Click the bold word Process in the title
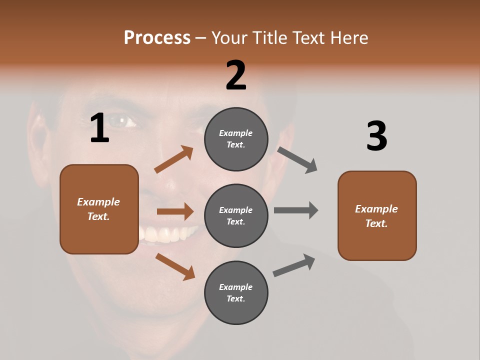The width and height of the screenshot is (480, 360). (157, 37)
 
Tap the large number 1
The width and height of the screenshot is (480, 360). (99, 128)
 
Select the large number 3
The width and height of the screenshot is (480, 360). (376, 136)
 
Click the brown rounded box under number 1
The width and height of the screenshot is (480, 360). (99, 209)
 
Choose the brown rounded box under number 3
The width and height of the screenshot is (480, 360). (377, 215)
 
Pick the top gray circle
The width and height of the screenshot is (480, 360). (236, 139)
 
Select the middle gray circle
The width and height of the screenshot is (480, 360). (236, 215)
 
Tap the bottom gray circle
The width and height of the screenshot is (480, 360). (236, 292)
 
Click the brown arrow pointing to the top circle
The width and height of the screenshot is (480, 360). (174, 159)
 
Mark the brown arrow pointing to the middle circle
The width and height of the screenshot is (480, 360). (175, 211)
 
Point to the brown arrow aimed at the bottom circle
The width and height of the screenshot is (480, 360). (175, 266)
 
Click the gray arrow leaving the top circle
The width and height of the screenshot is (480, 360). (297, 160)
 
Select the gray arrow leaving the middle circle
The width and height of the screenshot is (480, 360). (296, 210)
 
